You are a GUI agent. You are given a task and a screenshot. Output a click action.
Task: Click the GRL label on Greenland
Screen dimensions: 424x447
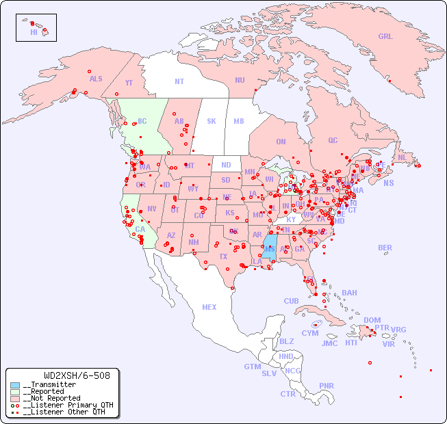coord(385,37)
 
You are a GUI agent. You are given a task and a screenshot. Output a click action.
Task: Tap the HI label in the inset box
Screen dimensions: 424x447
coord(34,32)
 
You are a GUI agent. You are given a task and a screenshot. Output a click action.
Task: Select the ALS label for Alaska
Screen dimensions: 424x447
coord(96,79)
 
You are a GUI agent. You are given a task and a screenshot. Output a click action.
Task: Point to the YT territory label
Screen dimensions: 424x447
coord(129,83)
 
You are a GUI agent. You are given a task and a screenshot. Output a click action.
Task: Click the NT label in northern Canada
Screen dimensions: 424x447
coord(179,81)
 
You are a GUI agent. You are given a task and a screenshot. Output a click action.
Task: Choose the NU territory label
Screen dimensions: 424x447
coord(240,80)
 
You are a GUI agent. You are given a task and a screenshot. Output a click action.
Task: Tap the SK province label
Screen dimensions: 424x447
coord(212,121)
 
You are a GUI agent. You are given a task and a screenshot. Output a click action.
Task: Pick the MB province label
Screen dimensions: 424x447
coord(239,121)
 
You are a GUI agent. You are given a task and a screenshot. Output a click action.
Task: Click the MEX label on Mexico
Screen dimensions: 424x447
coord(209,307)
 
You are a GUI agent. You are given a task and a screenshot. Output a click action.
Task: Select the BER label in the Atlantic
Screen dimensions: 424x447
coord(385,248)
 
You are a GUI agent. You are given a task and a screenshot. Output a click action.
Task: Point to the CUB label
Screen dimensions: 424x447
coord(291,301)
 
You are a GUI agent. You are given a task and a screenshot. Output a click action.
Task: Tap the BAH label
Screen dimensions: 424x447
coord(349,293)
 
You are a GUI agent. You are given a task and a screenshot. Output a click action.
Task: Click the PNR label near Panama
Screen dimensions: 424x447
coord(327,386)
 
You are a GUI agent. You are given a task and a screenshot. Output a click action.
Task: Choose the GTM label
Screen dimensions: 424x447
coord(252,367)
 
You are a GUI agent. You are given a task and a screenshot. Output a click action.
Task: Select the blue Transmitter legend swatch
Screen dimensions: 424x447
coord(15,385)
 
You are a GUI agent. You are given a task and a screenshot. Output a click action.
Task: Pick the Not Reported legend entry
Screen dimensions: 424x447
coord(51,398)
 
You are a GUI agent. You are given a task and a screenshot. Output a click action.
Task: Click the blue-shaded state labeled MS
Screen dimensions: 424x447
coord(270,248)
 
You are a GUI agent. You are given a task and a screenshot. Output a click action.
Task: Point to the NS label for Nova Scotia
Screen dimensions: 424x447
coord(388,183)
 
